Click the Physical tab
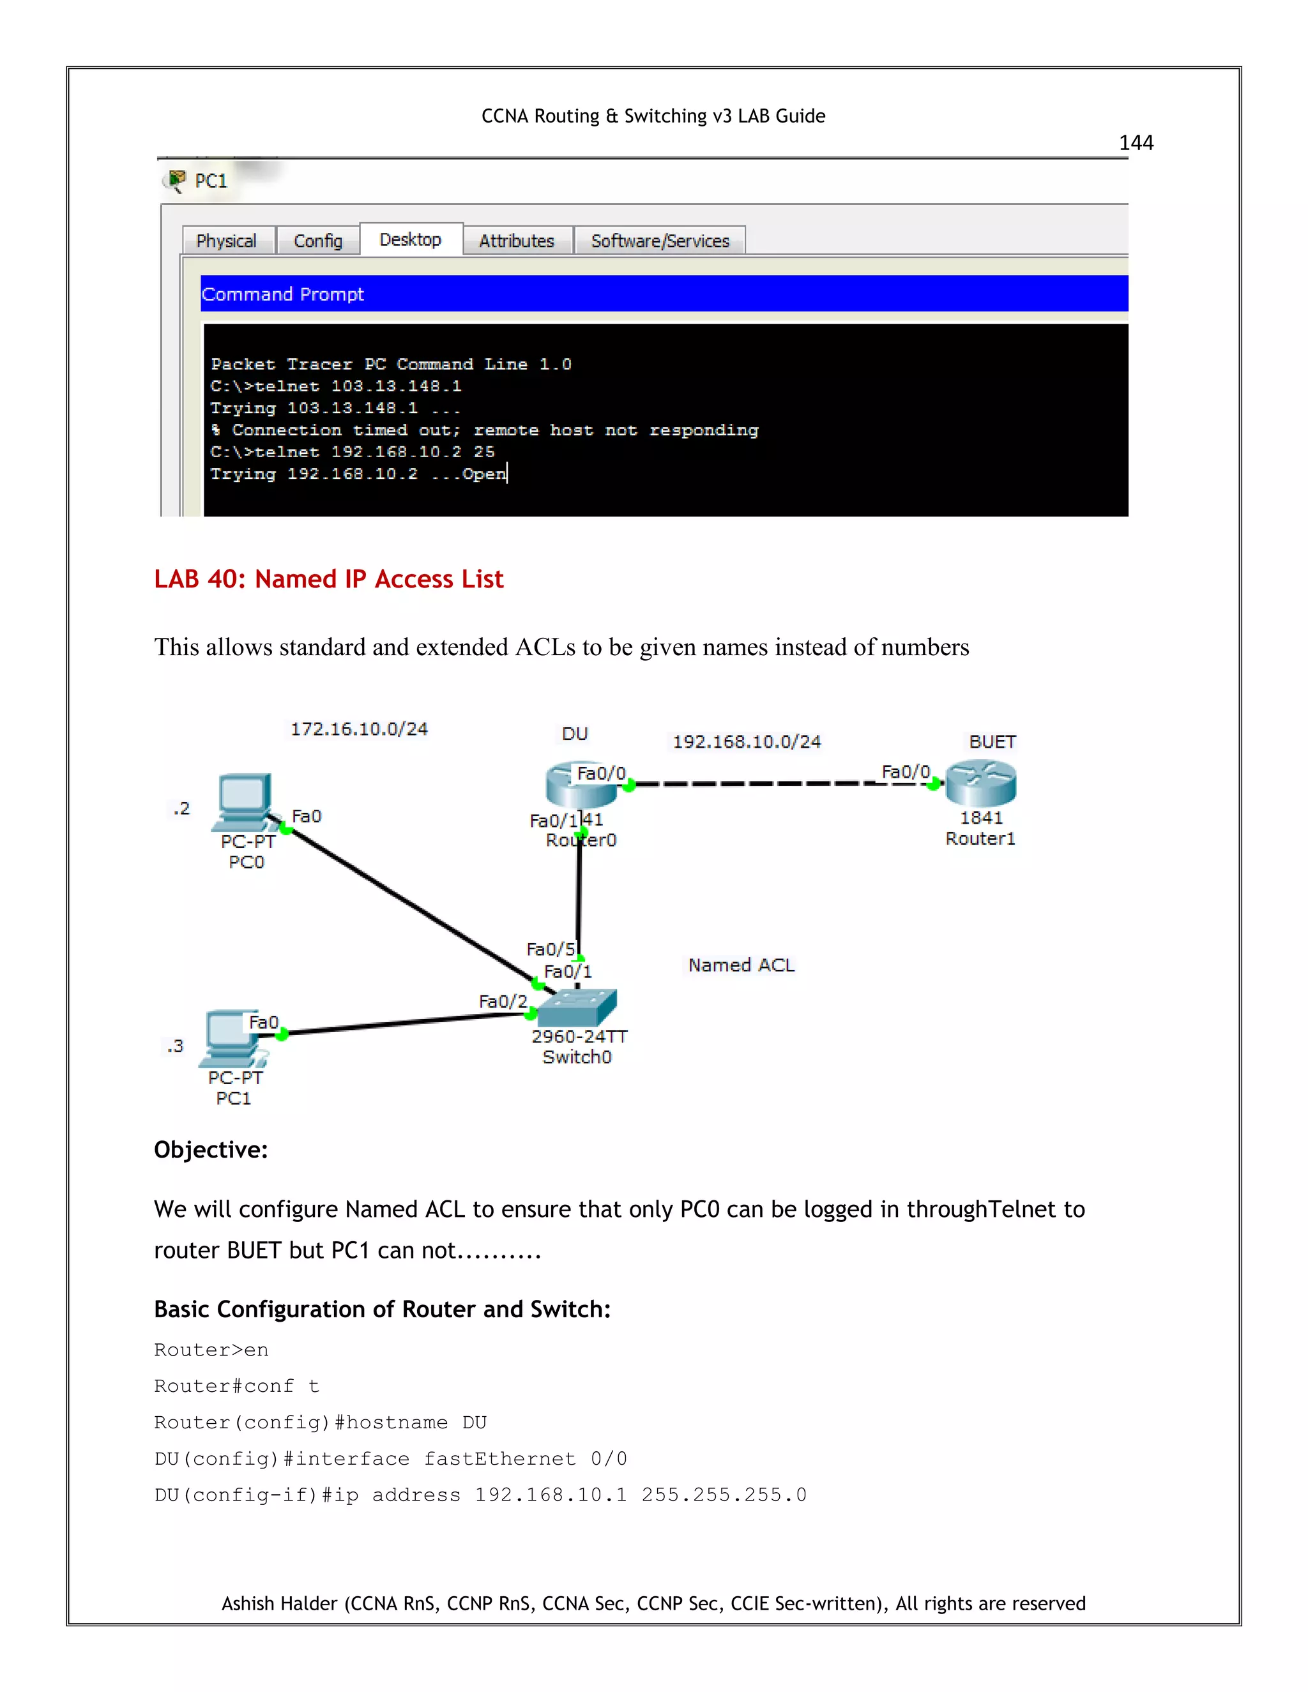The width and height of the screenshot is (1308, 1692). click(226, 241)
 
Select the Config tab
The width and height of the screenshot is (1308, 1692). click(317, 241)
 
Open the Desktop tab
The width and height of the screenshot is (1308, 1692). click(410, 239)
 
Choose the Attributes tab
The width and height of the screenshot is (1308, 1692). click(516, 241)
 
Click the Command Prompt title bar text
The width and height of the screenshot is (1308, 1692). click(282, 294)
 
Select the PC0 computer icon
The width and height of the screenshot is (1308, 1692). click(245, 800)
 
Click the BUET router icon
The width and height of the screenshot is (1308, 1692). click(980, 783)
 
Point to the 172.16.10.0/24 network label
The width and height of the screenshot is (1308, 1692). click(359, 729)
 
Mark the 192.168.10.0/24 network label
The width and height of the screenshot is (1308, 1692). click(746, 741)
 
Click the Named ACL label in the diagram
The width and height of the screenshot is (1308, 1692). click(741, 965)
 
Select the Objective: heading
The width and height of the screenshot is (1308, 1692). click(211, 1150)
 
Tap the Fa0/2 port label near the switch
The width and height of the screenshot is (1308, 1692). click(502, 1001)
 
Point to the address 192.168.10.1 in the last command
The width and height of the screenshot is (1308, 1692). click(550, 1495)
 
